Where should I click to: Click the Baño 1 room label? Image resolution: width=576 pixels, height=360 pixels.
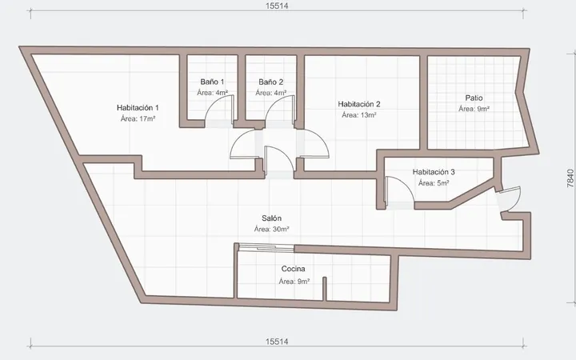212,82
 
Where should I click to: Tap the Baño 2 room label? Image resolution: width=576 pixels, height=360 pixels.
270,82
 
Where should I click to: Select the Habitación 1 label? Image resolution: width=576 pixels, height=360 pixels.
138,108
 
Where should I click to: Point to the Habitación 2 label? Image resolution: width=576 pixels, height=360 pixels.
359,104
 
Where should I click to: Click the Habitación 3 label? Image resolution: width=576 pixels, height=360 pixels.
434,172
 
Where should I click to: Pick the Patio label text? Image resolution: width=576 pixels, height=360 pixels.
474,98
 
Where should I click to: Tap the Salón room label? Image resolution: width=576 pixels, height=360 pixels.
271,218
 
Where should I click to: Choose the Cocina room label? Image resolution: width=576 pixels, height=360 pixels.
293,269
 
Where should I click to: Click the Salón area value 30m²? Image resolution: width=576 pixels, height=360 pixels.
281,230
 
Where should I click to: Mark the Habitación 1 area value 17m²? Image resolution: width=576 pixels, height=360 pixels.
147,118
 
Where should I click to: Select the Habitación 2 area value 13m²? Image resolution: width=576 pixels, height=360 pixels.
369,115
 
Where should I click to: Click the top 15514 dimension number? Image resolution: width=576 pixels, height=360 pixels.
277,6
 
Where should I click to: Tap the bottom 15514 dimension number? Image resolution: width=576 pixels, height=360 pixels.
277,342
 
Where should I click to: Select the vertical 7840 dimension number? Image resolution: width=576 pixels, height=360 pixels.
570,178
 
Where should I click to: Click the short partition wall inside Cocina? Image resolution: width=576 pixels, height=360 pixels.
325,289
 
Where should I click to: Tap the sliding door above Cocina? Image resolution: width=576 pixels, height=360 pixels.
266,247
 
